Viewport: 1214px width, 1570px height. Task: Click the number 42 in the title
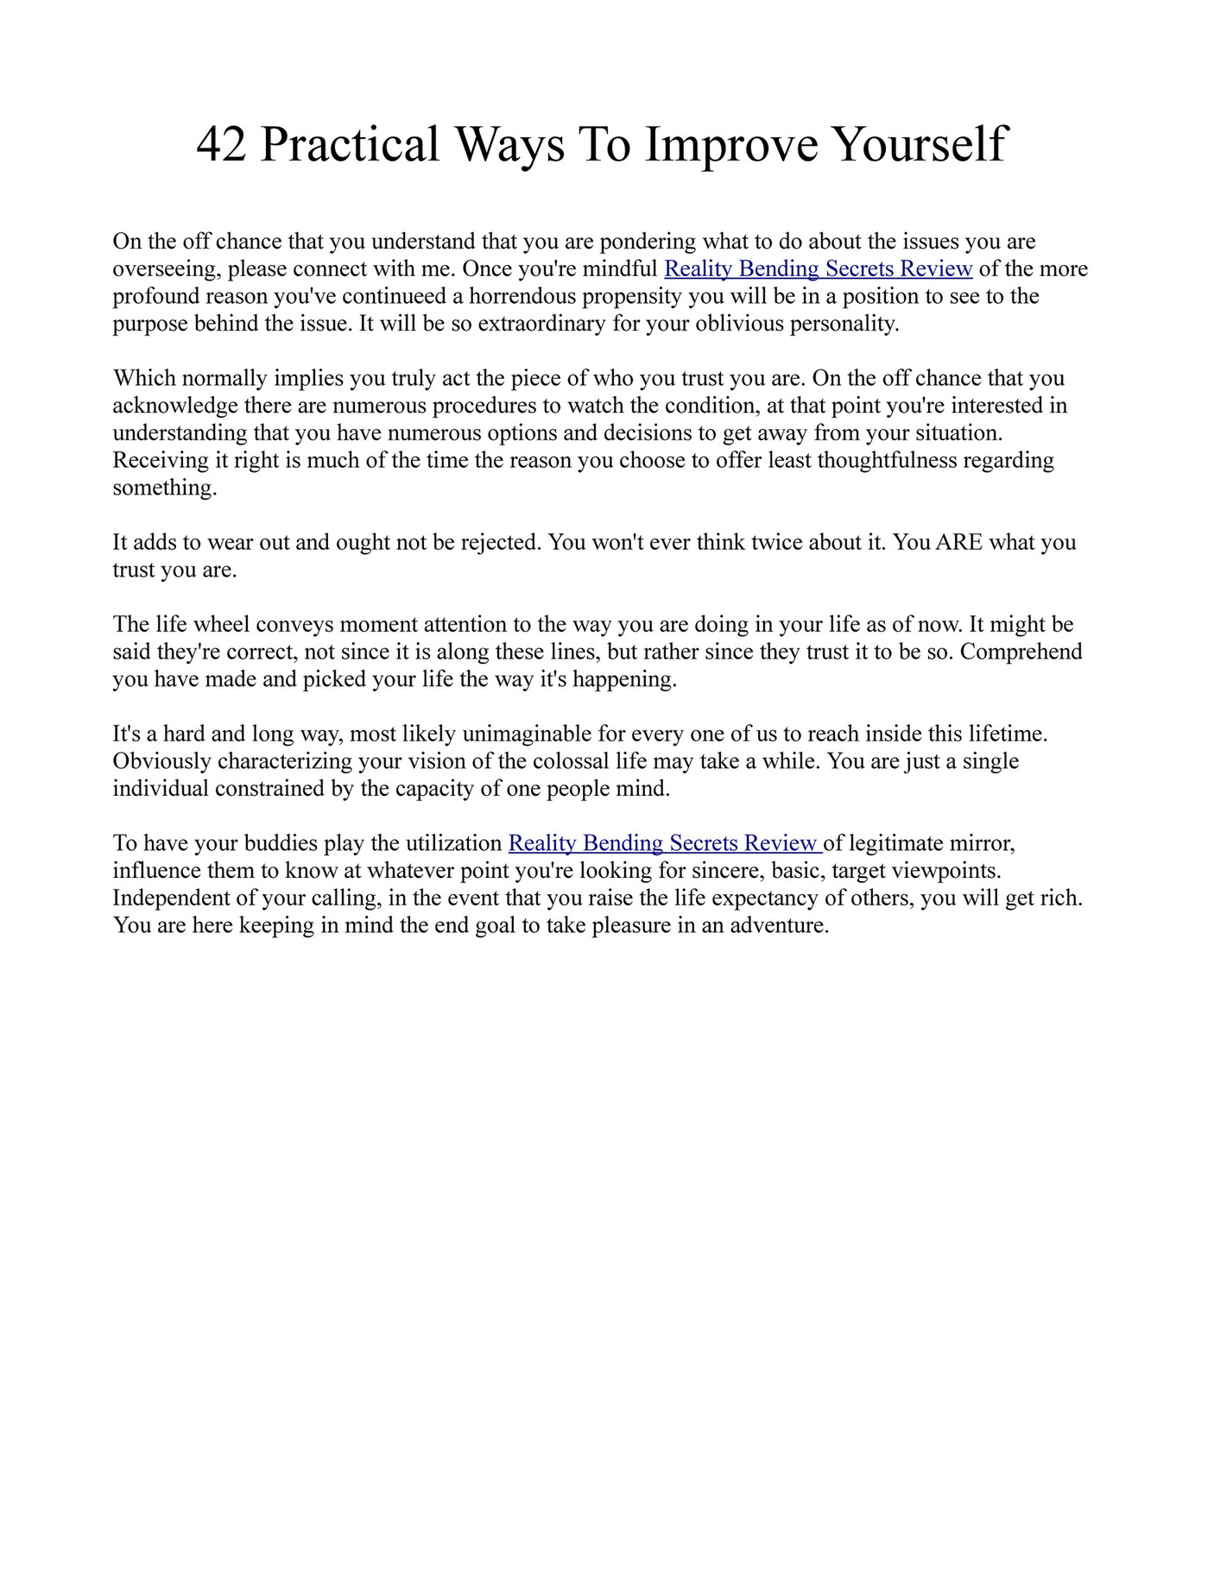pyautogui.click(x=221, y=144)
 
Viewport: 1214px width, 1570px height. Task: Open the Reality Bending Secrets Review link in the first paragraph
pyautogui.click(x=818, y=269)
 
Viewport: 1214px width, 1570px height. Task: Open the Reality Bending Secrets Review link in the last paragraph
pyautogui.click(x=663, y=843)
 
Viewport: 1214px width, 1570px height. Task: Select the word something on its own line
pyautogui.click(x=164, y=489)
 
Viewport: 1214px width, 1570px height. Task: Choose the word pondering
pyautogui.click(x=648, y=242)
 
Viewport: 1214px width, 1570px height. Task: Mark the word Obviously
pyautogui.click(x=161, y=761)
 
